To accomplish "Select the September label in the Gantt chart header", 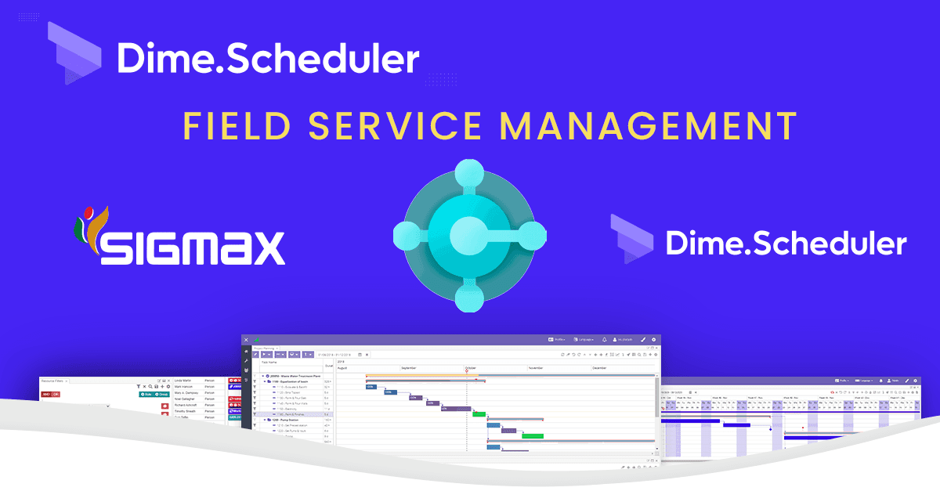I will click(409, 367).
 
